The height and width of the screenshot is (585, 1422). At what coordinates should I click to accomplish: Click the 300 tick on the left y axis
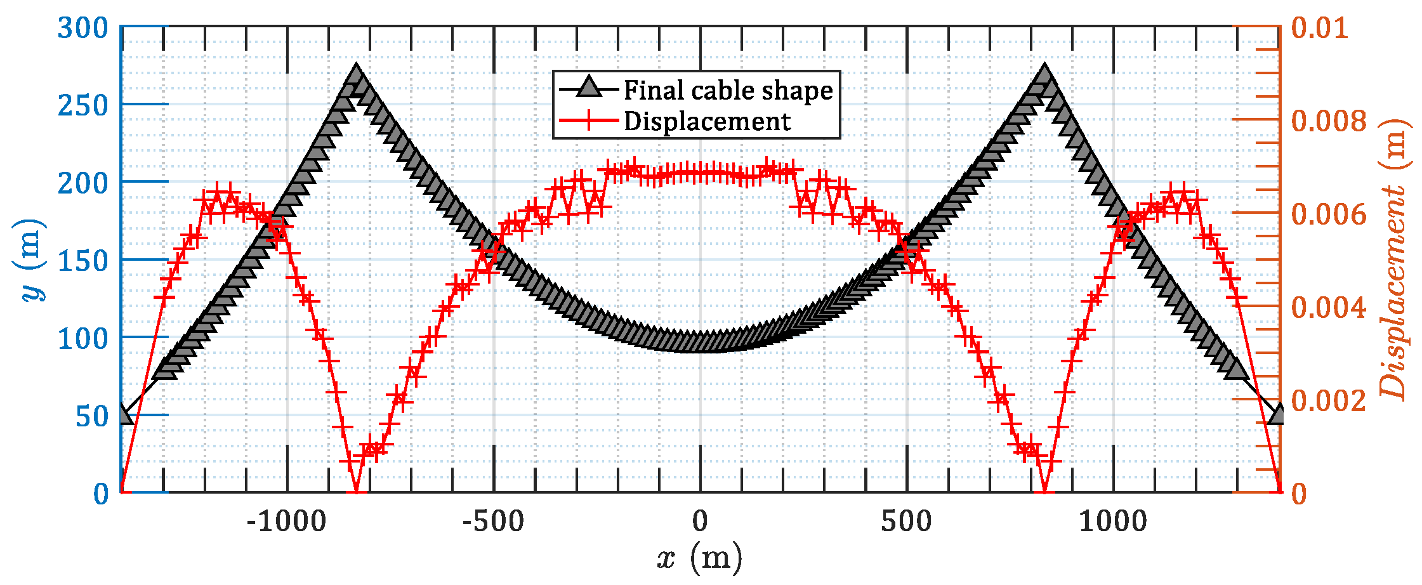click(x=83, y=29)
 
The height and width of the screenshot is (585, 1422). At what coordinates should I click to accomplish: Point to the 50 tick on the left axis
click(x=92, y=417)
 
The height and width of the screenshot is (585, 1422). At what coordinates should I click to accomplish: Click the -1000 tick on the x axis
click(x=286, y=522)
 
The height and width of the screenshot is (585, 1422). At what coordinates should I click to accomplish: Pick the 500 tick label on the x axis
click(x=906, y=522)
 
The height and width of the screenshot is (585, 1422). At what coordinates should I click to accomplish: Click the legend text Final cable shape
click(x=728, y=90)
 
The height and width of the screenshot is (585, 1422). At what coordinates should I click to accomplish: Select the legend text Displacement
click(x=707, y=121)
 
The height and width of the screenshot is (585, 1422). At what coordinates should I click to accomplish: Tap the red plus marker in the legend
click(x=588, y=121)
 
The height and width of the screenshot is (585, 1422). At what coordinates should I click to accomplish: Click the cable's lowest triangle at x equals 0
click(x=700, y=342)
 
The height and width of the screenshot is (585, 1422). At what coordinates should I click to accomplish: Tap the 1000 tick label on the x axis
click(x=1113, y=522)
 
